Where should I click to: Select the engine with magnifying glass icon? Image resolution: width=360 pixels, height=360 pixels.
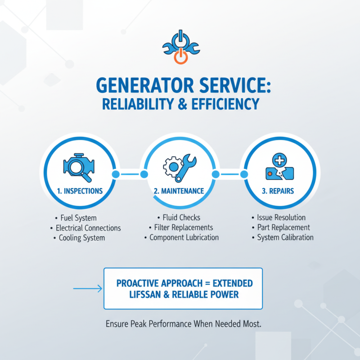80,166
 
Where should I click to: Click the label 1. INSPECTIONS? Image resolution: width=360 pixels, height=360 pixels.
80,191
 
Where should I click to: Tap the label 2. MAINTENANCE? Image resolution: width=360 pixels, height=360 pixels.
179,191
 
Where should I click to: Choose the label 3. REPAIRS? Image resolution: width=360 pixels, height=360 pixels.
278,191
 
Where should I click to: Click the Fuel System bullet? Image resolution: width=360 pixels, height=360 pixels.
81,218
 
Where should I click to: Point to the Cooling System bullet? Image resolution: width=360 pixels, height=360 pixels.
82,238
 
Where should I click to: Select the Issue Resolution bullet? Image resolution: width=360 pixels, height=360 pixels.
281,218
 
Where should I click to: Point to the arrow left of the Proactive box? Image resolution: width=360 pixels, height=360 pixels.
87,288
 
